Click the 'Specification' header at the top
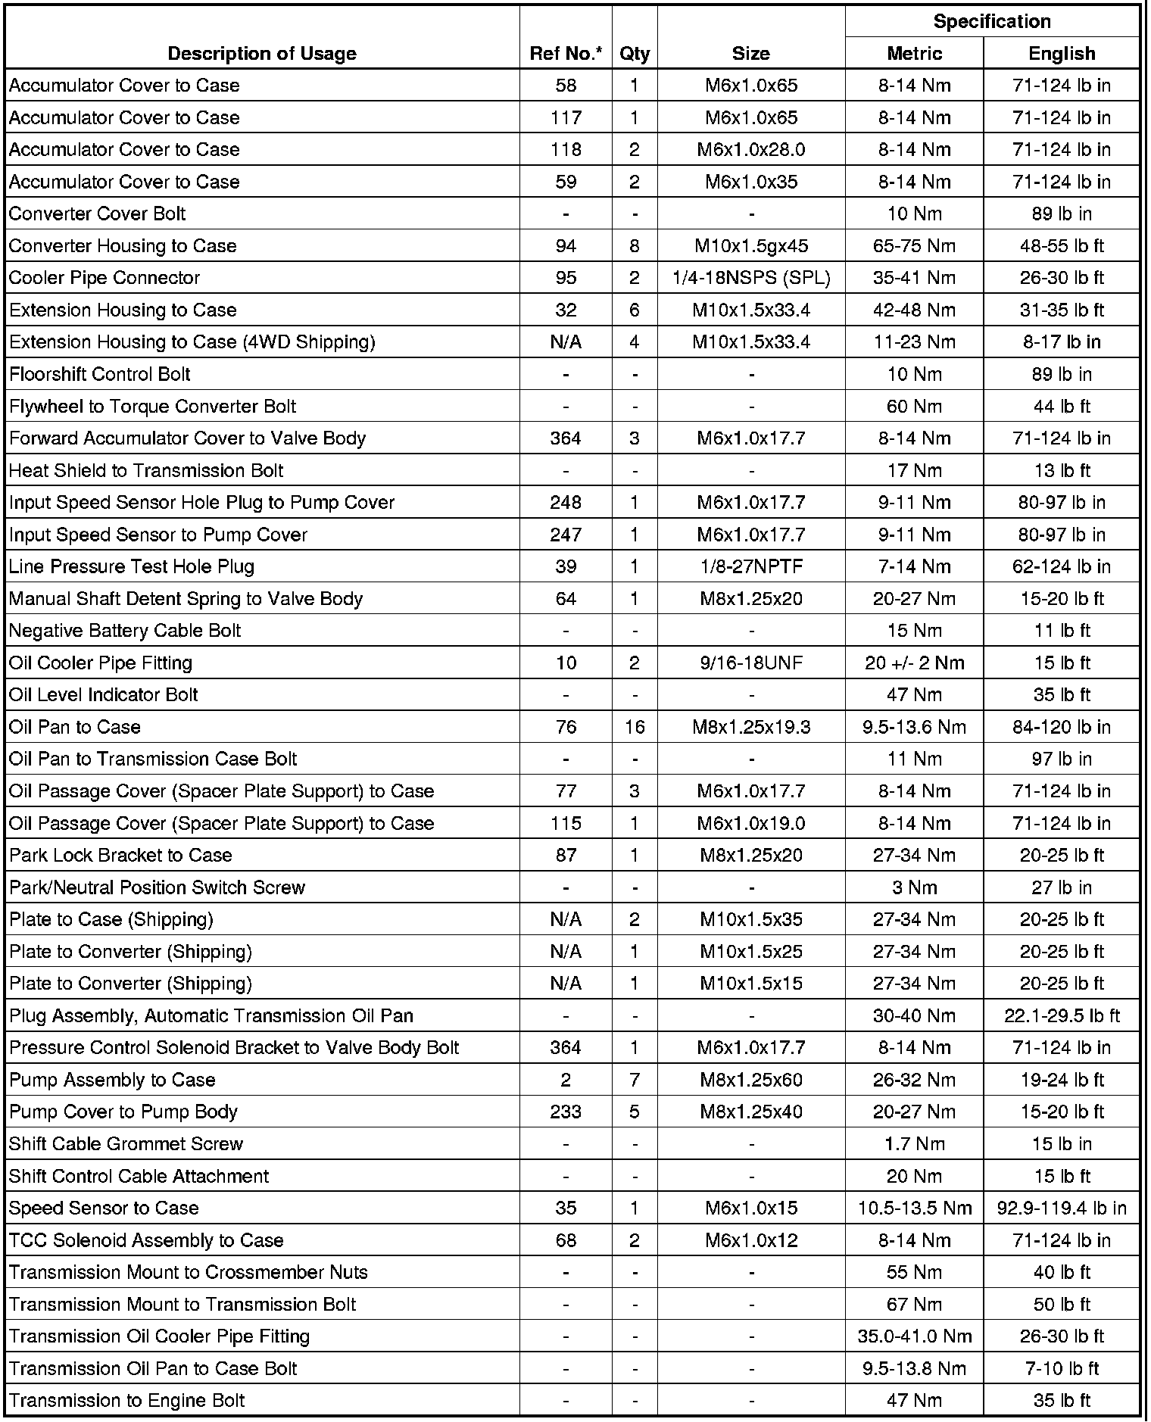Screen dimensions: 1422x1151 [992, 21]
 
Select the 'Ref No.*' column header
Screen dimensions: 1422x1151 [566, 54]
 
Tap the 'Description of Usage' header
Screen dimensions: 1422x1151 [262, 54]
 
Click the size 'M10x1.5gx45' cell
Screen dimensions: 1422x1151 [751, 246]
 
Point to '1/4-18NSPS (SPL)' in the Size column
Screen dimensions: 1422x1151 [751, 278]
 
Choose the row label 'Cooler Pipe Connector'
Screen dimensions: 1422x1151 [104, 278]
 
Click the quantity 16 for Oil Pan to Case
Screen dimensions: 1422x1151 [635, 727]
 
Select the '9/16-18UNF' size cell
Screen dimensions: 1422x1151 [751, 663]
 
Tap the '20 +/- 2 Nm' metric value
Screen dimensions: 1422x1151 [915, 663]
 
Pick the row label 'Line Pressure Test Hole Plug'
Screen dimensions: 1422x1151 [132, 567]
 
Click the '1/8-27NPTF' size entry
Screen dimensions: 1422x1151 [751, 567]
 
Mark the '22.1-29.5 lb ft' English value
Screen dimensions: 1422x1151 [1062, 1015]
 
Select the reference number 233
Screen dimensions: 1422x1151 [566, 1112]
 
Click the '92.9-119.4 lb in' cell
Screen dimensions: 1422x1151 [1062, 1208]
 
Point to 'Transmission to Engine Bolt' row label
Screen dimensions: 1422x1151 [127, 1400]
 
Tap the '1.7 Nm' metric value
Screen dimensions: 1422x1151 [915, 1144]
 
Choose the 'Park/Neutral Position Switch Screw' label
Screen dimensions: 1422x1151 [157, 887]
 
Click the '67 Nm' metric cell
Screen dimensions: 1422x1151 [915, 1304]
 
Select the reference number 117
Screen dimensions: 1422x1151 [566, 118]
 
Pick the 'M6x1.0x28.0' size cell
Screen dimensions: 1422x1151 [751, 150]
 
